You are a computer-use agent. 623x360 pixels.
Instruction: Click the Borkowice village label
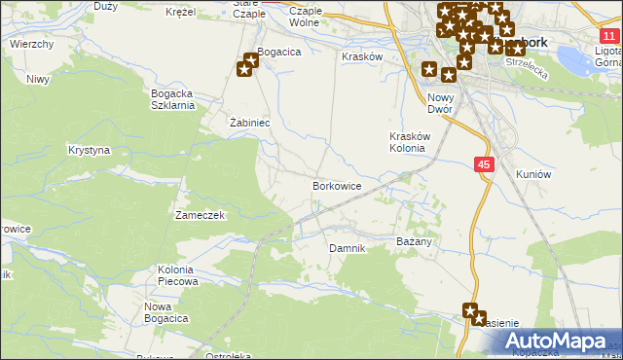337,185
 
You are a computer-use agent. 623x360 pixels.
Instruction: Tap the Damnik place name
347,248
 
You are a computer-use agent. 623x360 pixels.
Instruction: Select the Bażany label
414,239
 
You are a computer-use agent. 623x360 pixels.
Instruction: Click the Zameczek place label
201,214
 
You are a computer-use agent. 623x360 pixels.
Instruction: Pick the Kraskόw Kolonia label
407,142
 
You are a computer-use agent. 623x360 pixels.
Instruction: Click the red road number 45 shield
485,165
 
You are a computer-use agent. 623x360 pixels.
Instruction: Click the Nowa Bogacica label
165,312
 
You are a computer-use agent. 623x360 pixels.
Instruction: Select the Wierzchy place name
31,44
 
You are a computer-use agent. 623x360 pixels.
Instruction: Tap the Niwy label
38,79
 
